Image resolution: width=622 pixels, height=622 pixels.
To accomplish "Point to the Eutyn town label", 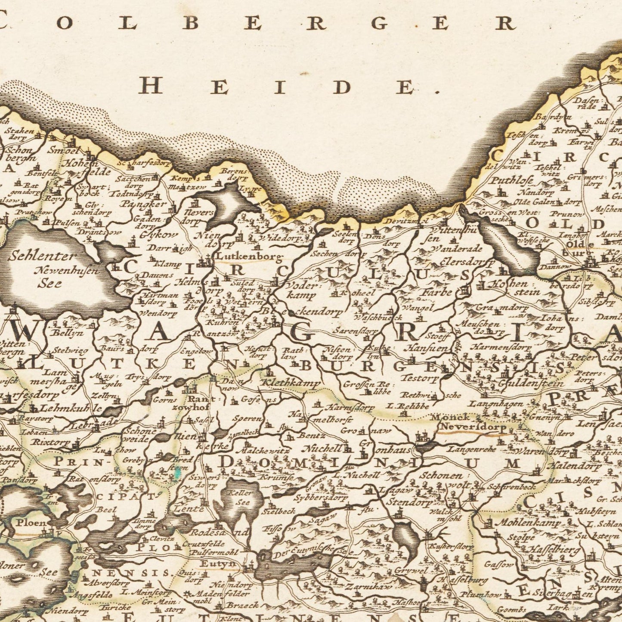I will [219, 564].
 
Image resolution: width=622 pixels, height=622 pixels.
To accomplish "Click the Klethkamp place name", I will [291, 383].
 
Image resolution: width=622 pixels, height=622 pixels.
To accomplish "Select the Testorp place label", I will [419, 379].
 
